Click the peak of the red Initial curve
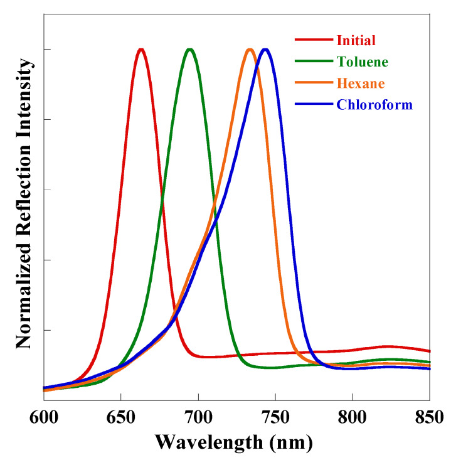(x=141, y=50)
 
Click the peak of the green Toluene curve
(x=189, y=50)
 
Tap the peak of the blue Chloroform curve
(x=266, y=50)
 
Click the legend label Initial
(x=356, y=41)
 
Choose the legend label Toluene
(x=363, y=62)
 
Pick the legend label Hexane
(x=361, y=83)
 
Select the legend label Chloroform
(x=374, y=104)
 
